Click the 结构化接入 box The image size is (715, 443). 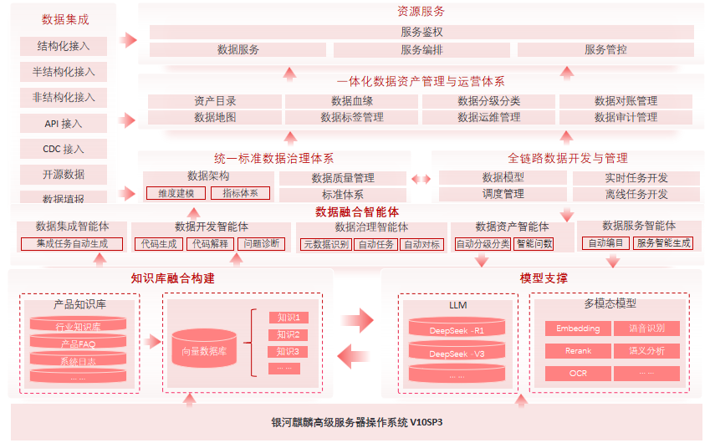click(x=64, y=46)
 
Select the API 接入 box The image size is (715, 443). click(x=64, y=124)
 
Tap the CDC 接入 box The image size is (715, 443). click(x=64, y=150)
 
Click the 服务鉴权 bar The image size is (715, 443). click(x=421, y=32)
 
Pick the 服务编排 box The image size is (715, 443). click(x=421, y=50)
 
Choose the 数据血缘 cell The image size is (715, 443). click(x=352, y=101)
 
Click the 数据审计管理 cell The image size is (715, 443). click(x=626, y=118)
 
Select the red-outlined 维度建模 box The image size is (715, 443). click(x=176, y=193)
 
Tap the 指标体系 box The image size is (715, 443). click(x=240, y=193)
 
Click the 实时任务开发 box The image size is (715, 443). click(x=636, y=178)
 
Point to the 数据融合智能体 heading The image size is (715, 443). click(x=357, y=211)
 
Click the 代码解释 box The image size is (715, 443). click(x=209, y=244)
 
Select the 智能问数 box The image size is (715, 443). click(x=534, y=244)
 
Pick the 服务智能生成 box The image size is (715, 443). click(x=663, y=243)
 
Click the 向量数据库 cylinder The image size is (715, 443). click(x=204, y=350)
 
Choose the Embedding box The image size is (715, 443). click(x=578, y=328)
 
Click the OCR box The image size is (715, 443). click(x=578, y=373)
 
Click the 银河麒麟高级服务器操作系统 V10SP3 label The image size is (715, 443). click(x=357, y=422)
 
